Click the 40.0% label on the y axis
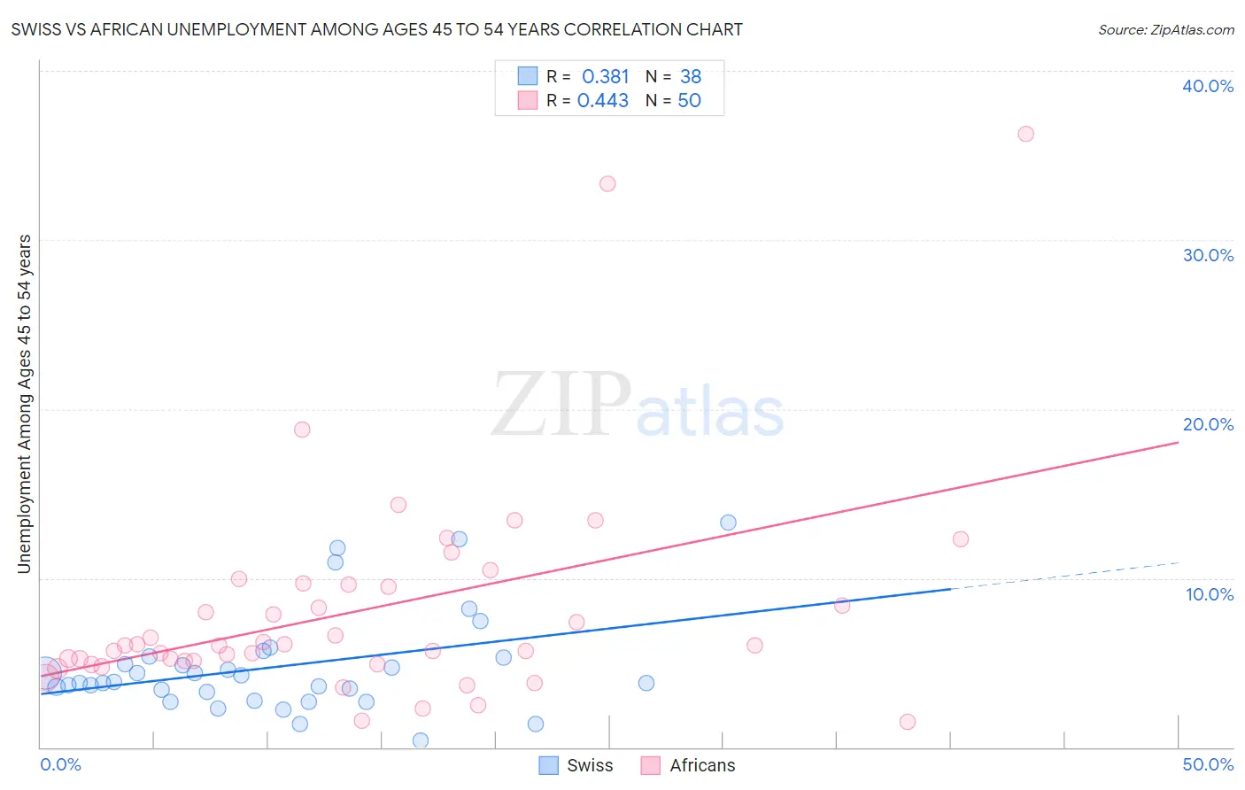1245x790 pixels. click(x=1207, y=86)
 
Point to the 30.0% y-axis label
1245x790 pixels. click(x=1207, y=255)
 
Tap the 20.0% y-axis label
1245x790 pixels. click(x=1207, y=424)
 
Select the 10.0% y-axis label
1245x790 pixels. click(x=1209, y=594)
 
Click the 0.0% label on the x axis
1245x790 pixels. click(x=60, y=764)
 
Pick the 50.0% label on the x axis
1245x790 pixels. click(x=1207, y=764)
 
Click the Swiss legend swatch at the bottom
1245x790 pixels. click(x=549, y=765)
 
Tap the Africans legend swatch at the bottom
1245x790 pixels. click(x=651, y=765)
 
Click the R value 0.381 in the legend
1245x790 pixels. click(x=605, y=77)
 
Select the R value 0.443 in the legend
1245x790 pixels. click(x=603, y=101)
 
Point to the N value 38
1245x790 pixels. click(x=691, y=77)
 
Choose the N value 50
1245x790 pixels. click(x=689, y=101)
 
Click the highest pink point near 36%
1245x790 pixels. click(x=1025, y=134)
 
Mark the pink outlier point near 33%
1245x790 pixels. click(x=607, y=184)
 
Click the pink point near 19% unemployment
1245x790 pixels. click(x=302, y=430)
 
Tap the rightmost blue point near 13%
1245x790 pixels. click(x=728, y=523)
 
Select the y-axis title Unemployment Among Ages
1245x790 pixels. click(x=25, y=403)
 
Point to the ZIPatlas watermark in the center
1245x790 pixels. click(x=638, y=406)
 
